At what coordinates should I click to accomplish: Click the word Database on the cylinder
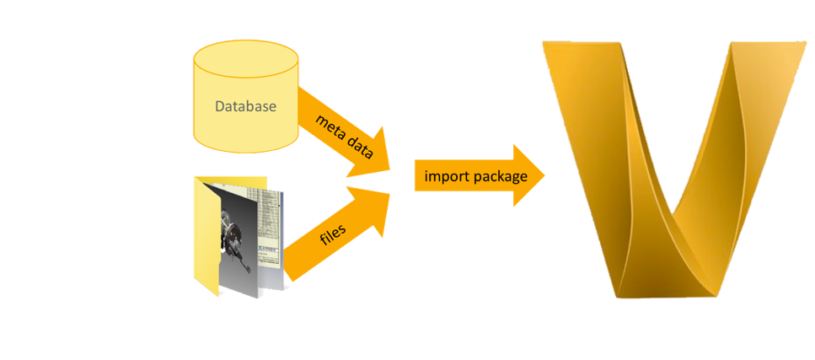(x=245, y=107)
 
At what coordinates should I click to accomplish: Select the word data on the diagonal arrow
(x=360, y=148)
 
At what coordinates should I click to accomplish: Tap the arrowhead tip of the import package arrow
(x=544, y=175)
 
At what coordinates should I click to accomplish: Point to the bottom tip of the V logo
(x=666, y=291)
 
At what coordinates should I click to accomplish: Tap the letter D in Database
(x=219, y=107)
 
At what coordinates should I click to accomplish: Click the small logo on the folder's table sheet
(x=263, y=196)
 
